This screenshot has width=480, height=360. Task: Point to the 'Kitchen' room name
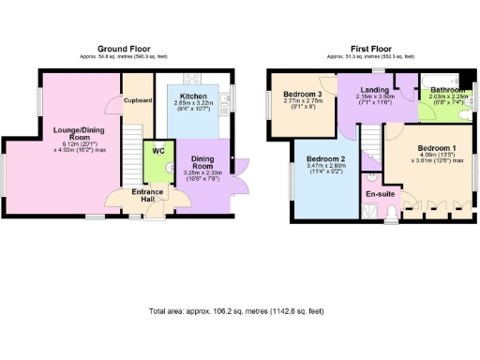(x=195, y=97)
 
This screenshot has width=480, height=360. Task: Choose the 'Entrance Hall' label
(x=126, y=194)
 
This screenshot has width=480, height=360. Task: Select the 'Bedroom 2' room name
(x=324, y=158)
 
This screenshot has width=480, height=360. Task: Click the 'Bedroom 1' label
(x=437, y=149)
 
